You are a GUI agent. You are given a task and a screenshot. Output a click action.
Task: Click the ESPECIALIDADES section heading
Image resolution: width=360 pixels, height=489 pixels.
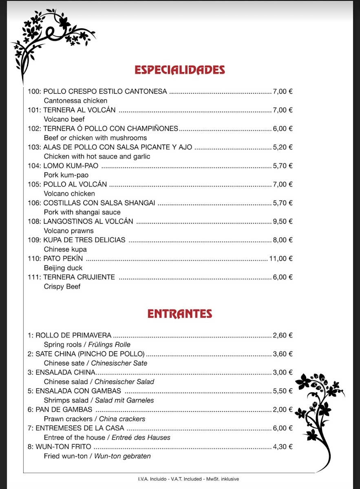(180, 70)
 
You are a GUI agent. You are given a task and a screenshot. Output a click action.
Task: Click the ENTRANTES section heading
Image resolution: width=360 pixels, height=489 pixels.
(180, 314)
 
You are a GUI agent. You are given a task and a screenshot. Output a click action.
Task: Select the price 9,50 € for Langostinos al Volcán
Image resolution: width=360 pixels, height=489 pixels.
(283, 221)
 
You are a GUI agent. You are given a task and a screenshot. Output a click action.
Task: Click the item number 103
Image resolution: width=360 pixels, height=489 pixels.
(34, 147)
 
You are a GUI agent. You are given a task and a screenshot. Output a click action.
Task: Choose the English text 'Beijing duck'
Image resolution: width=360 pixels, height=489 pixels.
(63, 268)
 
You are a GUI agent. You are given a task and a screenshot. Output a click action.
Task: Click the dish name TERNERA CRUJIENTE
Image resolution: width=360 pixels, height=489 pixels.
(79, 277)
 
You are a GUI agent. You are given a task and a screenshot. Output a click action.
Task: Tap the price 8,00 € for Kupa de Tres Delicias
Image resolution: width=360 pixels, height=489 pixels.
(283, 240)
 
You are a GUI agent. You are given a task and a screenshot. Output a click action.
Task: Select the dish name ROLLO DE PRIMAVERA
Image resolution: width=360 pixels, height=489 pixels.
(73, 335)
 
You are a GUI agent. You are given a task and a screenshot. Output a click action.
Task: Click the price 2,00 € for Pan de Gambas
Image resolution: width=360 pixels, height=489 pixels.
(283, 410)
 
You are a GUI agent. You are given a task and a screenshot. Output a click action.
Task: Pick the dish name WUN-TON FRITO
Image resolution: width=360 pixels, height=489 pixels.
(63, 447)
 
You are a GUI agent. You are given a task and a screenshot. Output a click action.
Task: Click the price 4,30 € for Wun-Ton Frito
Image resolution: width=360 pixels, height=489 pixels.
(283, 447)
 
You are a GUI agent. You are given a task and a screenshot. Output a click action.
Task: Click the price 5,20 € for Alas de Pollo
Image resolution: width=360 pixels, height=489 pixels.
(283, 147)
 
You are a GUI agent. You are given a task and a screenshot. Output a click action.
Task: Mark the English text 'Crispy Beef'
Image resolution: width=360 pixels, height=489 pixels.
(62, 286)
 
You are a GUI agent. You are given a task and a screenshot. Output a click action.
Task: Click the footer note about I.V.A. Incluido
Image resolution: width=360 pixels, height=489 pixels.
(188, 479)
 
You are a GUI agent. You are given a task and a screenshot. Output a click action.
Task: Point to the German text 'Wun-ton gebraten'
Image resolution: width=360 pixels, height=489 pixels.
(122, 456)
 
